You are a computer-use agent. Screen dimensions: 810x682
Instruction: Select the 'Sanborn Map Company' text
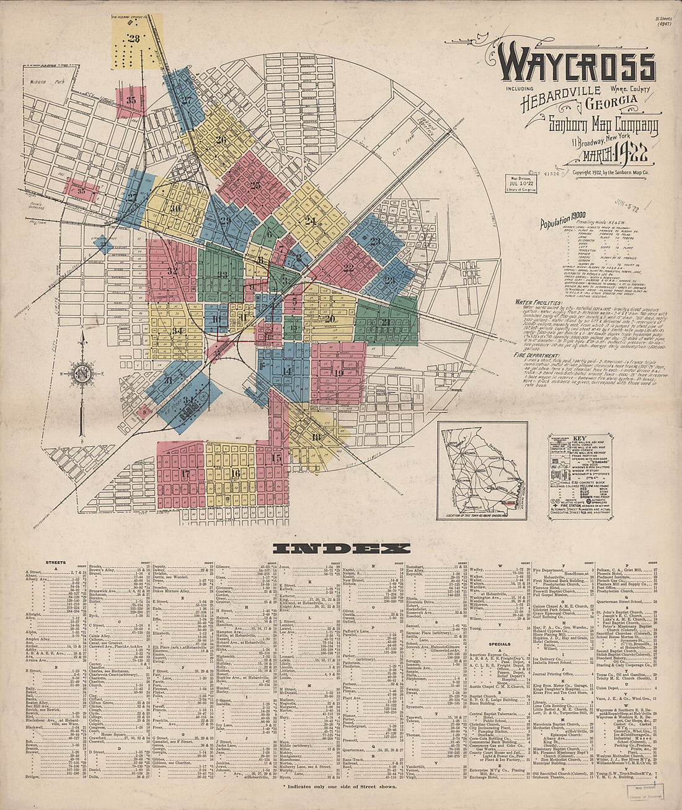tap(603, 127)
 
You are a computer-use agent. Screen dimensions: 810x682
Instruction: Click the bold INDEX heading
tap(341, 549)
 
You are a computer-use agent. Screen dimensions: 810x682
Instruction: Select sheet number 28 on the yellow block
tap(135, 38)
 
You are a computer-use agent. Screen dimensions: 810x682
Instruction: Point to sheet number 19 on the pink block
tap(338, 373)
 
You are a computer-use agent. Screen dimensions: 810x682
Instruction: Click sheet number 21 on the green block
tap(386, 322)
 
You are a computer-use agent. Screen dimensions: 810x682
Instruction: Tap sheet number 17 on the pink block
tap(185, 474)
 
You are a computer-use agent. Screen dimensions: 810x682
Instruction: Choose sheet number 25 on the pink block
tap(255, 184)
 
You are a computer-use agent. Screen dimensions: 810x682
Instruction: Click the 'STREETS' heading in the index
tap(56, 562)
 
